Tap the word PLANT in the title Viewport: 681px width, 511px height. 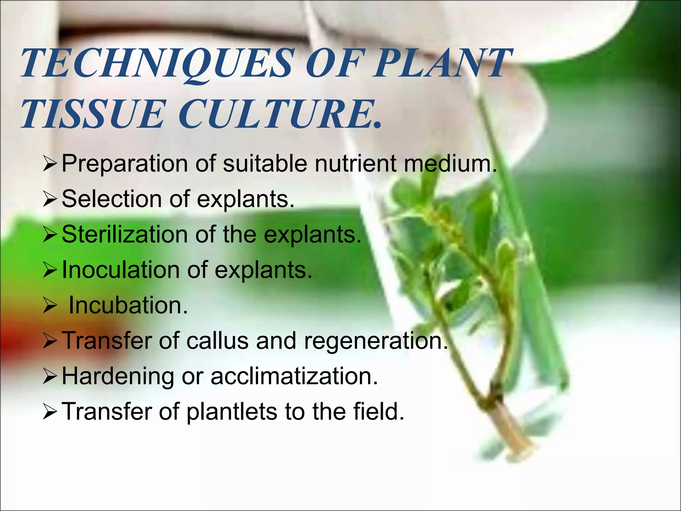coord(442,63)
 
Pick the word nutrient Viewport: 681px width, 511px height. coord(356,164)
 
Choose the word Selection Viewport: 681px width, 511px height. coord(112,199)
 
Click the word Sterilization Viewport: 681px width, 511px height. coord(125,235)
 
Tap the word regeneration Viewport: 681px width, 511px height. coord(372,341)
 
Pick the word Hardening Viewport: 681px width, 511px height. coord(118,377)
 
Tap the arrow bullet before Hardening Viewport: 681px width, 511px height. coord(51,377)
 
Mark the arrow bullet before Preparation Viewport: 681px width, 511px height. coord(51,164)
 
